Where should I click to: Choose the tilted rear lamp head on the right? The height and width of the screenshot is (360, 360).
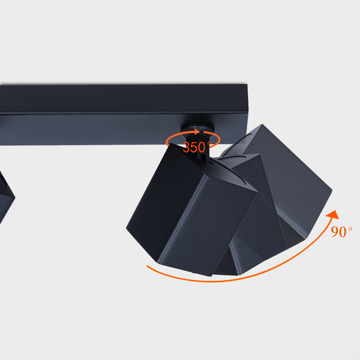pos(288,180)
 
